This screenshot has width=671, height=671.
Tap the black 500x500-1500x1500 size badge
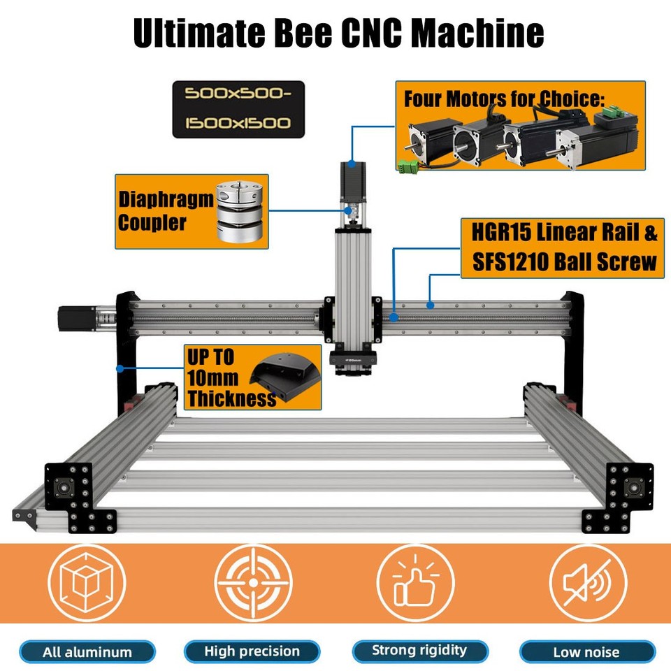tap(238, 109)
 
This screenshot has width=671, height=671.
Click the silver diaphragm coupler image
tap(239, 211)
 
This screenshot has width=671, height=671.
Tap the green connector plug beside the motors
tap(407, 166)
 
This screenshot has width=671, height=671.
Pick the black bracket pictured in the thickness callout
tap(285, 376)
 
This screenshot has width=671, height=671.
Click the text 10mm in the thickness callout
tap(212, 378)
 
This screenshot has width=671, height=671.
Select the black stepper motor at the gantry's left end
tap(77, 319)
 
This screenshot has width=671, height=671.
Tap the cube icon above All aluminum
tap(87, 583)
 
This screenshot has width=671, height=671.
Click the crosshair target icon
tap(253, 583)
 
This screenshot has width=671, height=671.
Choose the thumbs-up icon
tap(415, 583)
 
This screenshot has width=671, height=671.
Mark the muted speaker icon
tap(588, 583)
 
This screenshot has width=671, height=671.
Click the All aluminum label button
tap(87, 652)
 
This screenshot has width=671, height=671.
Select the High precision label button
tap(252, 651)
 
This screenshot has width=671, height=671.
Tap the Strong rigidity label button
tap(420, 651)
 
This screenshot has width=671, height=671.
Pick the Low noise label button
tap(587, 652)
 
